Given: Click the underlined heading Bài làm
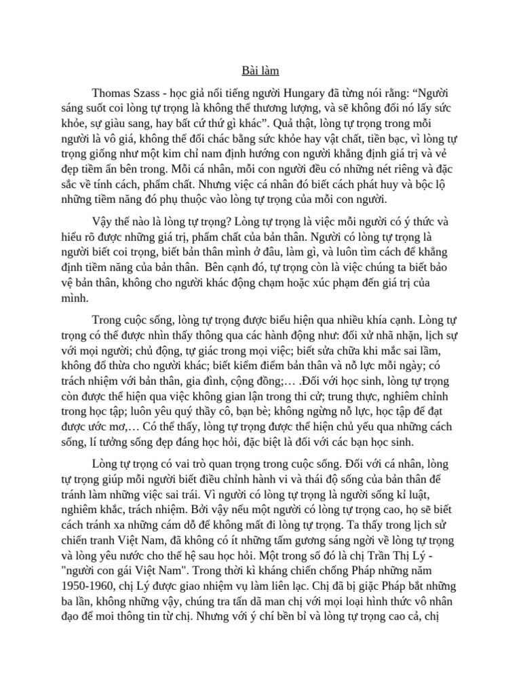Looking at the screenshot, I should coord(260,70).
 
